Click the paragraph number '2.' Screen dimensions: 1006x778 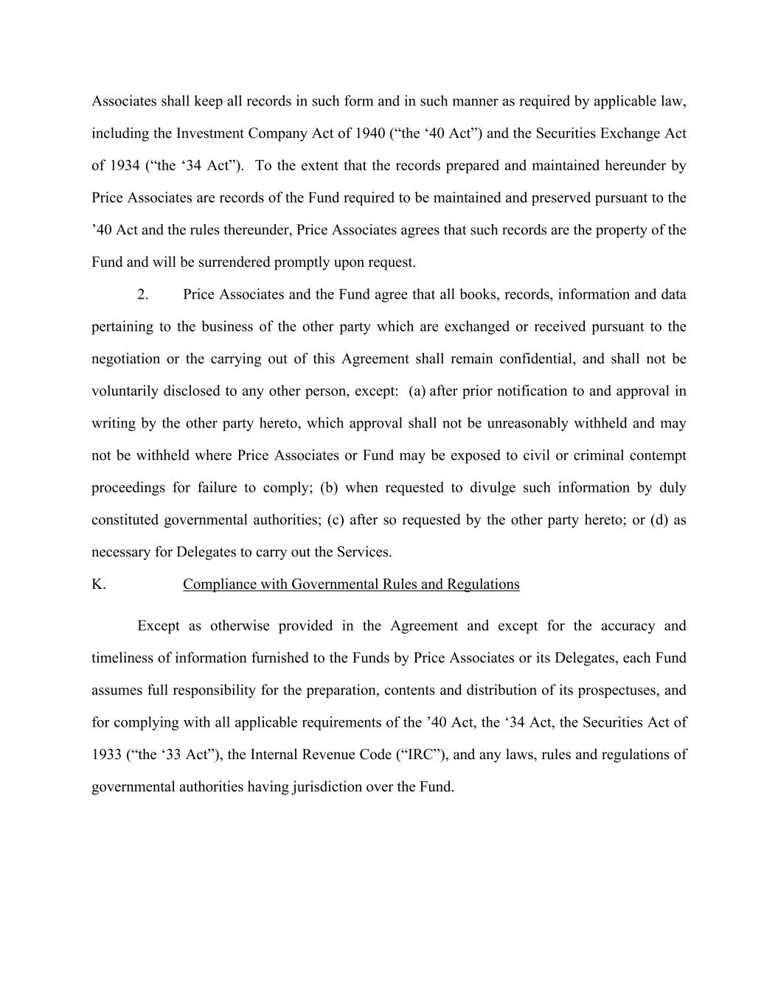pos(143,295)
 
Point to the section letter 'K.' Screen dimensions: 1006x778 pos(99,584)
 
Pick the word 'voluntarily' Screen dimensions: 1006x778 pos(125,391)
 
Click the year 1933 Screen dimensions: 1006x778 pos(107,755)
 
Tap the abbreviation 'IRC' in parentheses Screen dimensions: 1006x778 pos(420,755)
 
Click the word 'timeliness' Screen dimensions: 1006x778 pos(122,658)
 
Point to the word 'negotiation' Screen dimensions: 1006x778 pos(125,359)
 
